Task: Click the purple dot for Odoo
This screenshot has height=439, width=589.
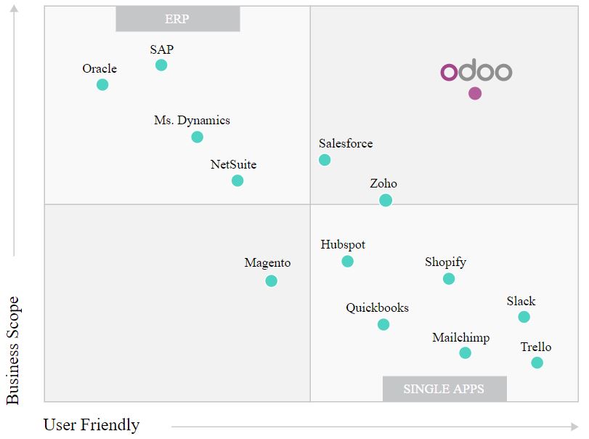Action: click(x=475, y=93)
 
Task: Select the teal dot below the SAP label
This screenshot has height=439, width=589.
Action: click(x=161, y=65)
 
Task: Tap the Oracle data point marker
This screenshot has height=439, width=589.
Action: click(x=102, y=85)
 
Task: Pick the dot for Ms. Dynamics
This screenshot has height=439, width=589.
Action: click(x=197, y=137)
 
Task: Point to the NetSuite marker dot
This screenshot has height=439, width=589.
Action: click(x=237, y=180)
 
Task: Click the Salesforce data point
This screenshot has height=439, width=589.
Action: click(x=325, y=160)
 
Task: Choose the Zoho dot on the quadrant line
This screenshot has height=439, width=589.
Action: click(x=386, y=200)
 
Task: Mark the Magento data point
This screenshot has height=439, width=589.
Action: click(x=271, y=281)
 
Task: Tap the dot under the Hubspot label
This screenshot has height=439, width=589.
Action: click(x=347, y=261)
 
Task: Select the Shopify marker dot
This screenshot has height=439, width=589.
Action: click(x=449, y=278)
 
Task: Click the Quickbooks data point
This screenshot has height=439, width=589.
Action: click(x=383, y=324)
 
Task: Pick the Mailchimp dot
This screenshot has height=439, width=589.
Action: click(x=465, y=353)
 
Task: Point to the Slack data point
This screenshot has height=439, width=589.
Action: click(x=524, y=317)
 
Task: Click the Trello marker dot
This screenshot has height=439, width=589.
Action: click(x=537, y=363)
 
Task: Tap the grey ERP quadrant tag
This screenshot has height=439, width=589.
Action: click(x=177, y=20)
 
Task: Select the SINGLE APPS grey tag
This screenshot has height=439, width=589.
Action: click(x=444, y=389)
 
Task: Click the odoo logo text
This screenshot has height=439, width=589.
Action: click(x=476, y=72)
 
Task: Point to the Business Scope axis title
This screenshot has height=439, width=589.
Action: click(x=13, y=350)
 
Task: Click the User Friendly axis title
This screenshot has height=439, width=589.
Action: click(x=92, y=424)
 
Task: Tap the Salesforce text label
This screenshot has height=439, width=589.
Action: click(x=346, y=143)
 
